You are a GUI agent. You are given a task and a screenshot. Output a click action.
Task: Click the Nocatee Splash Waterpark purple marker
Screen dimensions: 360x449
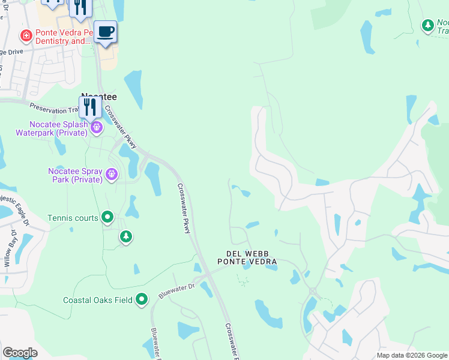coord(96,127)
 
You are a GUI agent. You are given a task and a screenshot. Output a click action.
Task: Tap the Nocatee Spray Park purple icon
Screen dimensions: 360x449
coord(111,174)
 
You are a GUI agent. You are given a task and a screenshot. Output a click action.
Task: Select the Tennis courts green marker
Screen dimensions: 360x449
coord(107,217)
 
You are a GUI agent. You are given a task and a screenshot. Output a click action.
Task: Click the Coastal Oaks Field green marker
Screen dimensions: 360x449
coord(142,299)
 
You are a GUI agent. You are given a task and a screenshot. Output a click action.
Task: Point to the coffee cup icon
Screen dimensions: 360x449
coord(105,31)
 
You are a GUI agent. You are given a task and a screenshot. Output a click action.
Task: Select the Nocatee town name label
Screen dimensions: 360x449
coord(98,96)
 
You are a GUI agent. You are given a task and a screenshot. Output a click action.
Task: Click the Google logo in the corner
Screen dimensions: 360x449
coord(20,353)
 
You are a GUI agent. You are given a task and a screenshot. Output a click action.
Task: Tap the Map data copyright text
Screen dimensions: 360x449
coord(412,355)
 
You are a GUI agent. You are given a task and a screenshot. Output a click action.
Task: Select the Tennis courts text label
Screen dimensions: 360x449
coord(73,218)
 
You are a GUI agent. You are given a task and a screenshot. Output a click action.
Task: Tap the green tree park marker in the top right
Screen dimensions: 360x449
coord(427,25)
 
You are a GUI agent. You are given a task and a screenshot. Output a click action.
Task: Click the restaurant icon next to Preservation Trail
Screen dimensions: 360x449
coord(89,107)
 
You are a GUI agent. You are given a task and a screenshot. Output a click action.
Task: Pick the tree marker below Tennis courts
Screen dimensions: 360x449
coord(125,237)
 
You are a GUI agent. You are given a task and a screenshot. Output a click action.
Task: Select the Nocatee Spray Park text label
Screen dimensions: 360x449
coord(74,175)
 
